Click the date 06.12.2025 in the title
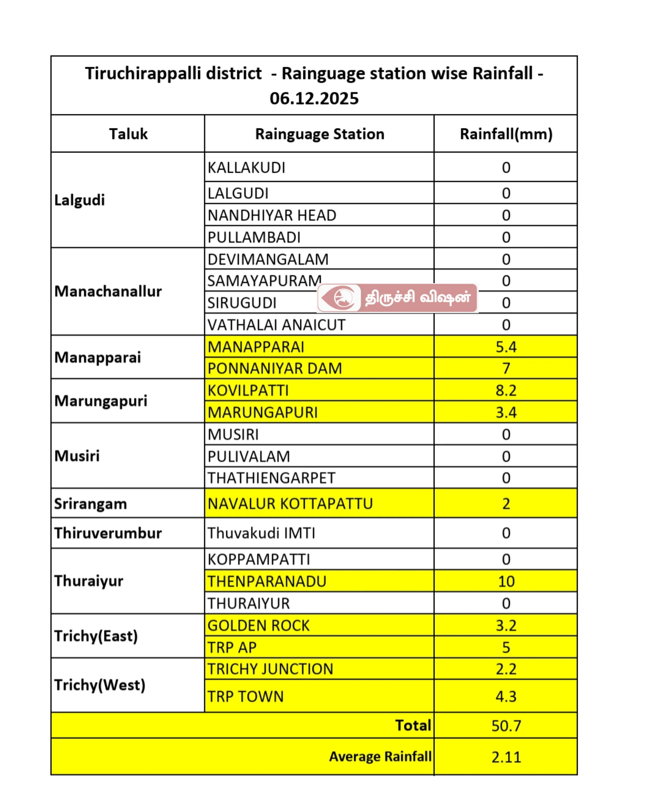click(314, 98)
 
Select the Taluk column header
click(128, 134)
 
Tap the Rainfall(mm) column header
click(505, 134)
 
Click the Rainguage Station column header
click(319, 134)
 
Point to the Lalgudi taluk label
click(79, 200)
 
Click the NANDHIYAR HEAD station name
click(272, 215)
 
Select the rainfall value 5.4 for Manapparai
click(505, 347)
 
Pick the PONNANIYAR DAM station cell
click(275, 368)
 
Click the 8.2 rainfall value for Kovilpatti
click(505, 391)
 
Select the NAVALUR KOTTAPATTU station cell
click(290, 503)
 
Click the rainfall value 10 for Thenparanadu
click(505, 581)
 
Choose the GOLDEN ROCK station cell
click(259, 625)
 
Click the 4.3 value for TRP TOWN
click(505, 696)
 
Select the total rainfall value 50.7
click(505, 726)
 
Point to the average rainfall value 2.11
click(505, 757)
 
